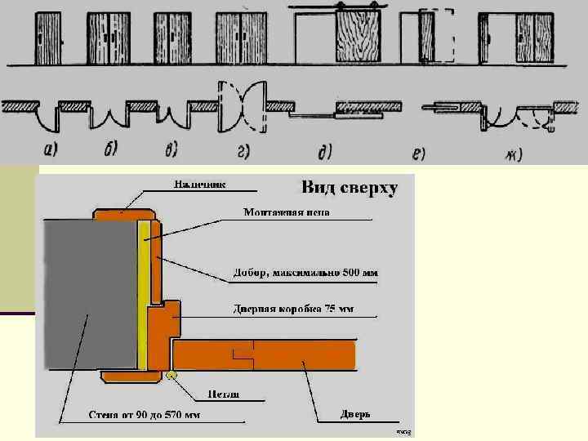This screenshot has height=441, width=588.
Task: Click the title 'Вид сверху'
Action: tap(350, 189)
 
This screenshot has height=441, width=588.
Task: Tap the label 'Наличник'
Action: tap(199, 185)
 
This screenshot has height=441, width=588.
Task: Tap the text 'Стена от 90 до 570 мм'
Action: tap(145, 415)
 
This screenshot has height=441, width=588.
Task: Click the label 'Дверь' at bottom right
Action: tap(355, 414)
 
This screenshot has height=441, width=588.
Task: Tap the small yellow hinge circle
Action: tap(171, 375)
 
